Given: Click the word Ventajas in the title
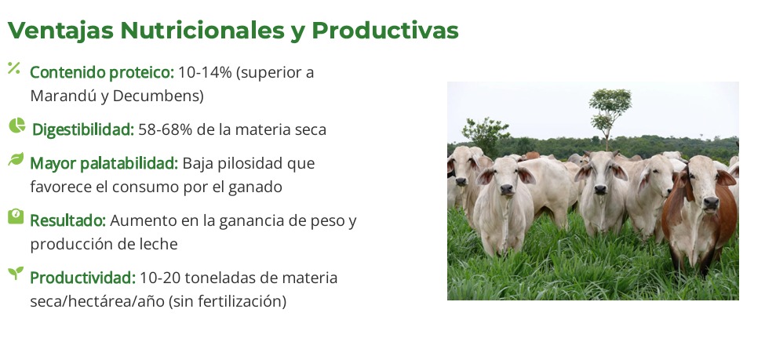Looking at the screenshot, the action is click(x=60, y=31).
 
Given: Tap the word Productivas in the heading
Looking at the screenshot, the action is click(x=385, y=31).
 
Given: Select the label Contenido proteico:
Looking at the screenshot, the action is click(x=102, y=73).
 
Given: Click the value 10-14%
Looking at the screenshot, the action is click(x=205, y=72).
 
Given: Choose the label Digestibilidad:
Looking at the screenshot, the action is click(x=83, y=129).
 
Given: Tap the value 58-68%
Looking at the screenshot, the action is click(x=166, y=129).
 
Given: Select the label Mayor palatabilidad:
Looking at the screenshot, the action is click(x=104, y=164).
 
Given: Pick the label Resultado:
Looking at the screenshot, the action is click(x=67, y=220).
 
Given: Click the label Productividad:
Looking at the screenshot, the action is click(x=83, y=278).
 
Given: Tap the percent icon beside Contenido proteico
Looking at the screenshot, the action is click(x=13, y=68).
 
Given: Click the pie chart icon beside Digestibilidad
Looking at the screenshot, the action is click(x=16, y=125).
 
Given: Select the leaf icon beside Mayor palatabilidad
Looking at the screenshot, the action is click(x=16, y=159).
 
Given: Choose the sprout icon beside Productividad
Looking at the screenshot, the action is click(x=16, y=273).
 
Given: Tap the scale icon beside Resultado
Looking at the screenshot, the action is click(x=16, y=216).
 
